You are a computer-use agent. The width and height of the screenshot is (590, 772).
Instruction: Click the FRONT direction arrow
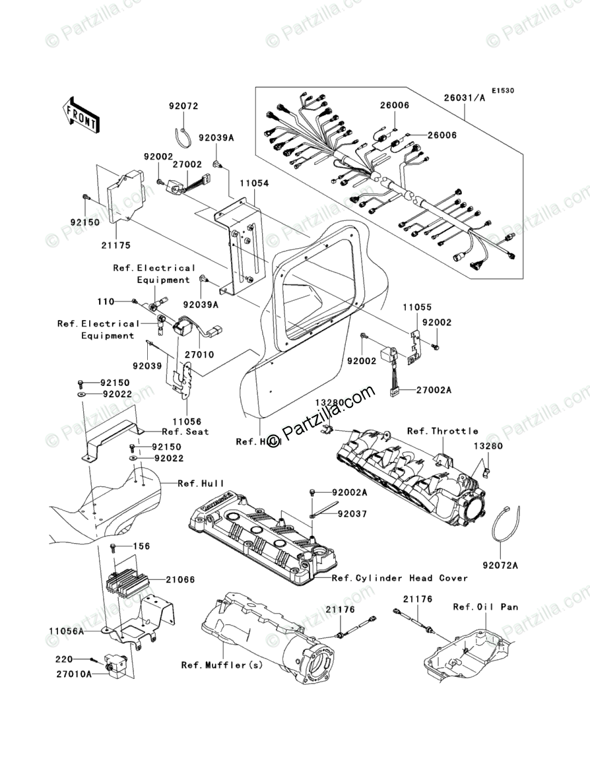81,113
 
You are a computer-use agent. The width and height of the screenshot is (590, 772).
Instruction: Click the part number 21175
116,245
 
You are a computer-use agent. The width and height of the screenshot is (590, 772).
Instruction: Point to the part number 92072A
500,565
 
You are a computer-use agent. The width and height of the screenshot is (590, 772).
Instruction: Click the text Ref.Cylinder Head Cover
400,578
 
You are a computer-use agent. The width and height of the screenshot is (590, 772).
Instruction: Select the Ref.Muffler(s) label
222,665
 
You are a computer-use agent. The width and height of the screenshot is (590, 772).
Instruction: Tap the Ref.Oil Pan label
495,606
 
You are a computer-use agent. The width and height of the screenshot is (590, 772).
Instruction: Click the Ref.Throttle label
442,431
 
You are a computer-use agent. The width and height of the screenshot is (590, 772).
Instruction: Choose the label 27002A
434,391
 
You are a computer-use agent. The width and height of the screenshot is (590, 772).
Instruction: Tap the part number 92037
352,513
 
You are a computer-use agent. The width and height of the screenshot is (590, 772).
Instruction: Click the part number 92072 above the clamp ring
183,106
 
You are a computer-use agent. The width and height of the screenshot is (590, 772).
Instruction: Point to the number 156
143,546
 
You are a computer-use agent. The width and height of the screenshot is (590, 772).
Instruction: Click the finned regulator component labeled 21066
129,578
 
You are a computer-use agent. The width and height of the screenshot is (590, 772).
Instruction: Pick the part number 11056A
66,631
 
